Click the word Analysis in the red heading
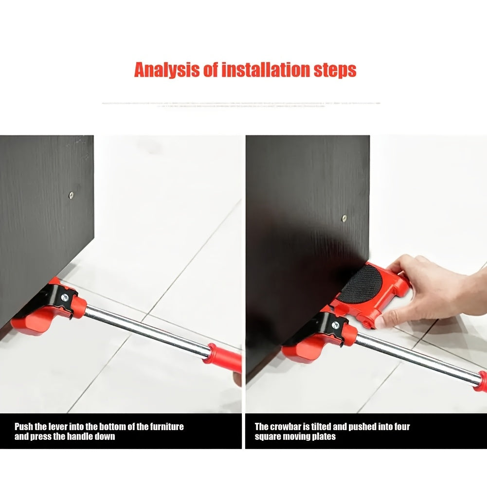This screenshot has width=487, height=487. (x=167, y=70)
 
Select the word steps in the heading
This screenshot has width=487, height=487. (x=335, y=71)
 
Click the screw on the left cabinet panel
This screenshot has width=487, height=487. (x=71, y=195)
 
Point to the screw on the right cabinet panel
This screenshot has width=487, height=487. (x=344, y=218)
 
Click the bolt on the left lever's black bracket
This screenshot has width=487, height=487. (x=65, y=298)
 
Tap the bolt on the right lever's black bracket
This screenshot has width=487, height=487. (x=335, y=325)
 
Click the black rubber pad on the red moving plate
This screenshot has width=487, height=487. (x=361, y=285)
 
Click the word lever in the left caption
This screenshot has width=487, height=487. (x=58, y=427)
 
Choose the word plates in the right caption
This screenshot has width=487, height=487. (x=324, y=437)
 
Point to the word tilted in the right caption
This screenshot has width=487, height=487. (x=321, y=427)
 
